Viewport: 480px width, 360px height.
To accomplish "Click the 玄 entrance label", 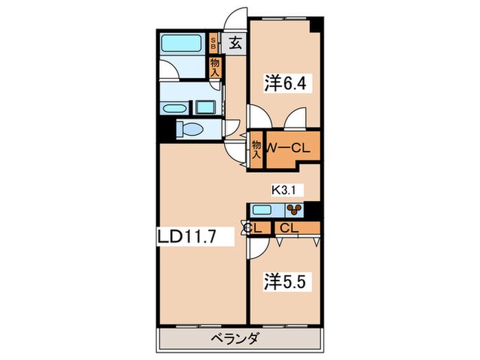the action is [235, 43].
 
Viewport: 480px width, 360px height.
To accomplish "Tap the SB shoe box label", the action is [213, 43].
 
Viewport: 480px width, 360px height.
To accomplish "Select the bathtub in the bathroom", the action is [182, 43].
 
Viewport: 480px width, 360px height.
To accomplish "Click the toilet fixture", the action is [190, 129].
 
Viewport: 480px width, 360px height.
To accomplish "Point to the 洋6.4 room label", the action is [285, 83].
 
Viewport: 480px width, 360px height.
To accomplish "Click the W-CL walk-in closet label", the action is [289, 149].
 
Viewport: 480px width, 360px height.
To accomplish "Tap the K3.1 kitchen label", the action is [283, 191].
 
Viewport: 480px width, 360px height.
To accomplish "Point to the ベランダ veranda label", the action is [235, 339].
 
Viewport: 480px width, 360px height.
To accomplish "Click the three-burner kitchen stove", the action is [294, 210].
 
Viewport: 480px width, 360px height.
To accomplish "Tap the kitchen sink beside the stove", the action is [262, 210].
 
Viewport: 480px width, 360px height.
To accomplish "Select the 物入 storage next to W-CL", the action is [256, 149].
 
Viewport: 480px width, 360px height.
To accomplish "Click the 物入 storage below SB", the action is [215, 67].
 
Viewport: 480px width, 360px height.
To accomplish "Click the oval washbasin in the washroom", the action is [175, 108].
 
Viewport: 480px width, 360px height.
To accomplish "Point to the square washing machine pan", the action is [204, 108].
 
